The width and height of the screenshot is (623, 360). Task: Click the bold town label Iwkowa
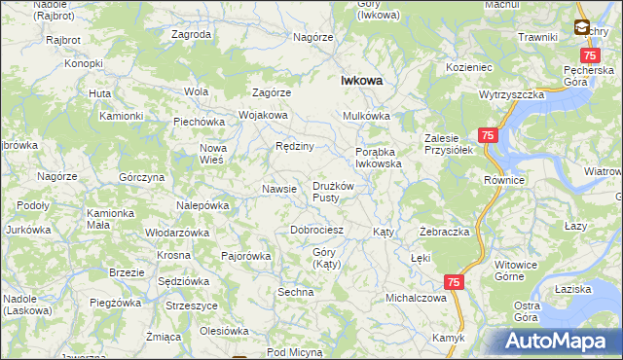(360, 83)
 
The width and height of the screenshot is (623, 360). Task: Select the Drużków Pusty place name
(338, 192)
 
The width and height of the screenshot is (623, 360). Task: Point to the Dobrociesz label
(317, 231)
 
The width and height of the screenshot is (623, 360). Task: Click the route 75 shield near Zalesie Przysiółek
(488, 137)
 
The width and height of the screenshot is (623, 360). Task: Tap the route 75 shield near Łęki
(454, 281)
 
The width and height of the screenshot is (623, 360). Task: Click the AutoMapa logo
(557, 341)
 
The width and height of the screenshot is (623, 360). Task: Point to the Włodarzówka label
(177, 234)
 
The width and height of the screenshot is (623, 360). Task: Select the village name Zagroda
(191, 34)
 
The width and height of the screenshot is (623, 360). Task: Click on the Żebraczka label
(445, 233)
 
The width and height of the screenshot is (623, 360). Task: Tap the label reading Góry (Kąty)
(325, 259)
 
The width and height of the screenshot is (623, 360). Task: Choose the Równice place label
(504, 181)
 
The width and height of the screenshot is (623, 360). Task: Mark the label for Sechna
(296, 292)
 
